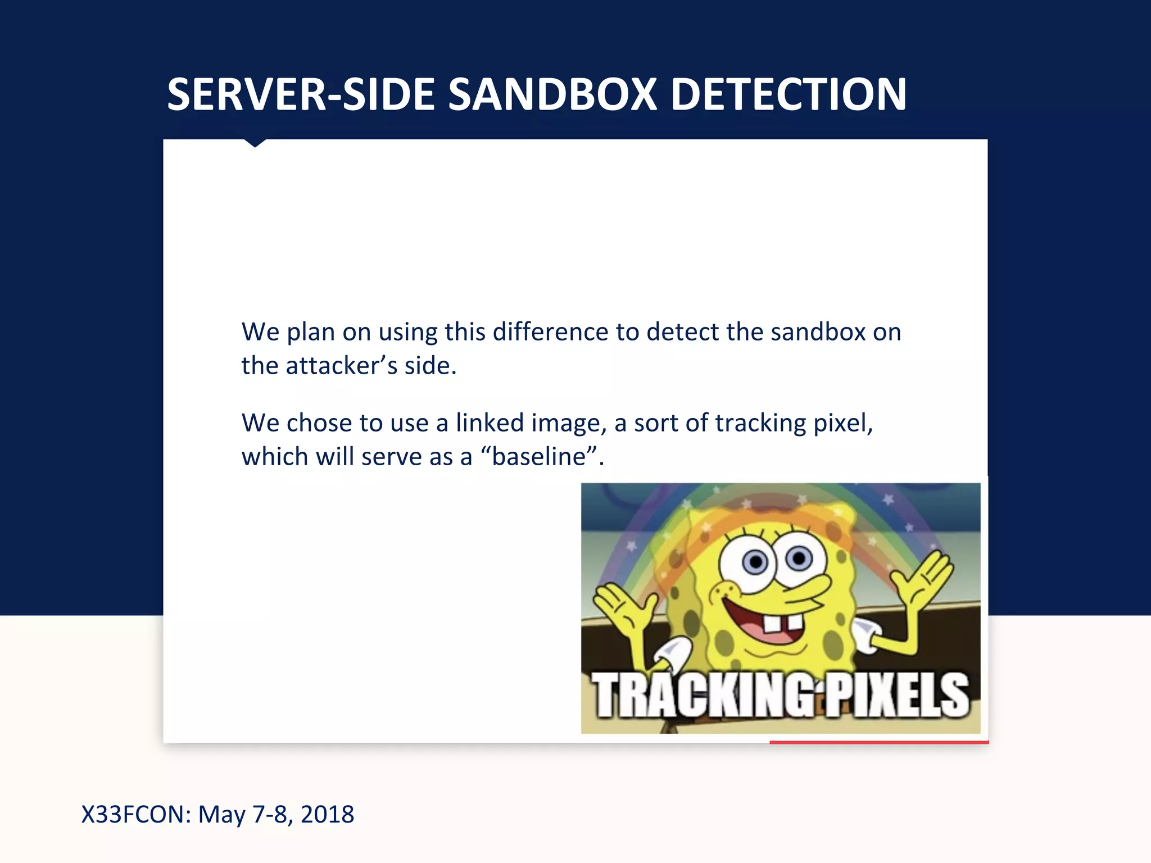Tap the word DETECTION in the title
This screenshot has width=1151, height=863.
point(789,94)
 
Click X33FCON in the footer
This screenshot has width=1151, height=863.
point(137,814)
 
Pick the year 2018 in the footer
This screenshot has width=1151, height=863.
point(327,814)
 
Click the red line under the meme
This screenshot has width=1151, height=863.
point(878,742)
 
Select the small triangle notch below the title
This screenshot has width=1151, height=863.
point(255,143)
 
